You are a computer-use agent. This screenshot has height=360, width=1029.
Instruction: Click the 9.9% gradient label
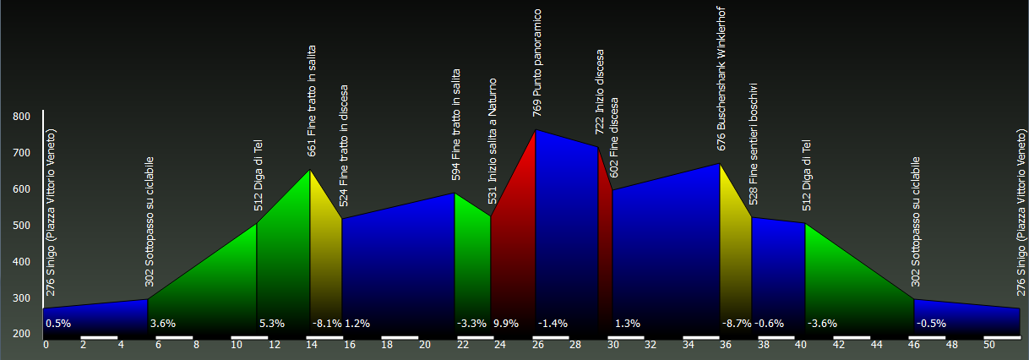(x=505, y=324)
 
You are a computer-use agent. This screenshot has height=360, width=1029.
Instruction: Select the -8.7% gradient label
(x=735, y=324)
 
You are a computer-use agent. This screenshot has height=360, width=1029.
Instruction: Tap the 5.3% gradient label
(x=272, y=324)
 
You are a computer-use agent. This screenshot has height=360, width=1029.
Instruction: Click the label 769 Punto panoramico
(x=536, y=63)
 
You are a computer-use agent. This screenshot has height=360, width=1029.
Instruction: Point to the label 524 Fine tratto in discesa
(x=344, y=145)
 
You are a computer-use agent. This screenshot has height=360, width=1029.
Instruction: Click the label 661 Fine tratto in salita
(x=312, y=101)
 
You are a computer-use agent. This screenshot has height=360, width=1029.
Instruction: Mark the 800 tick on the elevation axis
(x=21, y=117)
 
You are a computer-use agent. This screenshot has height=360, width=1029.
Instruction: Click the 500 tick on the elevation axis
(x=21, y=226)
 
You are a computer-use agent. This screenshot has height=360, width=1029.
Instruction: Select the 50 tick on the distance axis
(x=990, y=345)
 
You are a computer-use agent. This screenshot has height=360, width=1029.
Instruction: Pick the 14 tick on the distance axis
(x=312, y=345)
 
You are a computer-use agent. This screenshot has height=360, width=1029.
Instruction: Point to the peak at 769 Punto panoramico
(x=536, y=130)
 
